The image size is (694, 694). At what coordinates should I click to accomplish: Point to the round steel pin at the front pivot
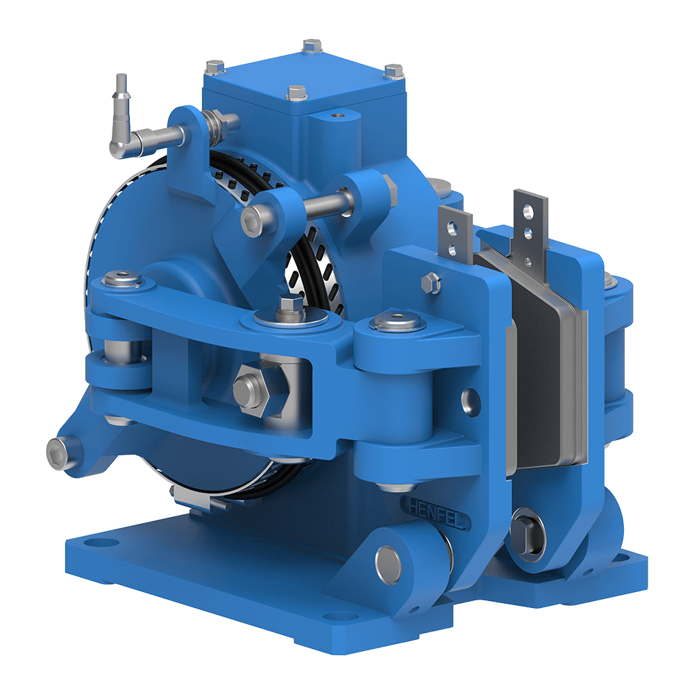(x=388, y=562)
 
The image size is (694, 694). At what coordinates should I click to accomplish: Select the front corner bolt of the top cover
(x=296, y=92)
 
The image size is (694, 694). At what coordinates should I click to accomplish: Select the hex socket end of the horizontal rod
(x=251, y=221)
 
